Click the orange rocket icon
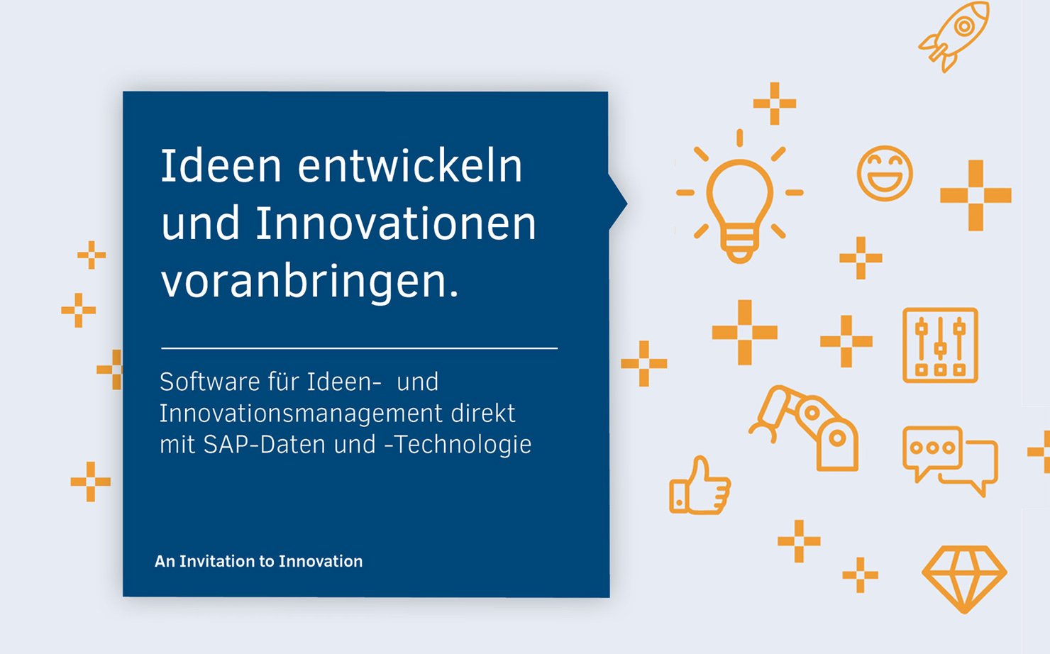pyautogui.click(x=957, y=35)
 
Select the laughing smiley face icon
pyautogui.click(x=885, y=174)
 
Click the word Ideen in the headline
pyautogui.click(x=221, y=166)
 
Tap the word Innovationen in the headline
pyautogui.click(x=396, y=223)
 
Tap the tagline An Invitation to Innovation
pyautogui.click(x=259, y=561)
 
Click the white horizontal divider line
pyautogui.click(x=360, y=348)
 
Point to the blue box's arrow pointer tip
pyautogui.click(x=626, y=204)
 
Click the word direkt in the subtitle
pyautogui.click(x=483, y=414)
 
